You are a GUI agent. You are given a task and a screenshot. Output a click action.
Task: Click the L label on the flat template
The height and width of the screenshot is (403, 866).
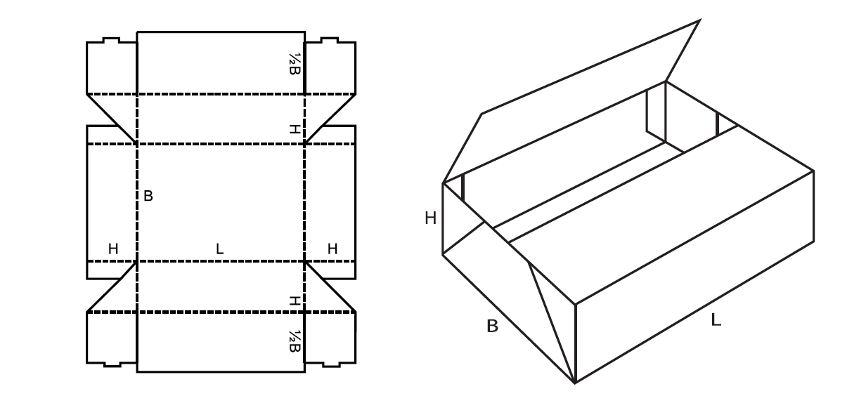[219, 249]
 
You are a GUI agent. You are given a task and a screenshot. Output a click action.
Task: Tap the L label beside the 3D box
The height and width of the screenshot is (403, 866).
[716, 320]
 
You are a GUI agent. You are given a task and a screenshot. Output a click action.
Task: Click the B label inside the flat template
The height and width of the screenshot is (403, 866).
[148, 196]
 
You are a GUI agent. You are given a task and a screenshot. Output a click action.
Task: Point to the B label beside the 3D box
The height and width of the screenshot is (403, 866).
[492, 326]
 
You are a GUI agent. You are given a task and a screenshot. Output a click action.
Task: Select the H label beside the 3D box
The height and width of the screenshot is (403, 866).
[430, 218]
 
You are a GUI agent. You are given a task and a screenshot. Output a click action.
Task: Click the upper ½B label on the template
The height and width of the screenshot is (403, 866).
[295, 64]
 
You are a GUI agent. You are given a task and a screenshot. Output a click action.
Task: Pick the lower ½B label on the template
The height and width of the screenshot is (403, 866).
[295, 341]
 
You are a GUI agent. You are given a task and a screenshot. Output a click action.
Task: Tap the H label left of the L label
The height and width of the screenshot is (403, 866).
[113, 249]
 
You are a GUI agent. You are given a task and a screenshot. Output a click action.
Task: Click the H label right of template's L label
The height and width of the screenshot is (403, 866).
[332, 249]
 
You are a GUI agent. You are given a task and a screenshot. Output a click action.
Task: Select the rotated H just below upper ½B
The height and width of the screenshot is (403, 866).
[295, 129]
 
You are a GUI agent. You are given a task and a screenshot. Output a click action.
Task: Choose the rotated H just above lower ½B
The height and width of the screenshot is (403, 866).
[295, 300]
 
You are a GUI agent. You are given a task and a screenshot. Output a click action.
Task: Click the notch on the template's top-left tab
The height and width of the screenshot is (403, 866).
[111, 40]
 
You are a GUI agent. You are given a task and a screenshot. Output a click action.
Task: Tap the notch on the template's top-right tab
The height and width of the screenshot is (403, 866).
[330, 40]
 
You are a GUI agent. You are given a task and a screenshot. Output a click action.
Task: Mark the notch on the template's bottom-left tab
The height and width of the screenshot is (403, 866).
[112, 364]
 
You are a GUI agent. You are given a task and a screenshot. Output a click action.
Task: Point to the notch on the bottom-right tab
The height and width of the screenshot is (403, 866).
[331, 364]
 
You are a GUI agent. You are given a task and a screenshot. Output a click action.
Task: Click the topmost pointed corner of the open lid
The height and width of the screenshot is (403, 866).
[700, 20]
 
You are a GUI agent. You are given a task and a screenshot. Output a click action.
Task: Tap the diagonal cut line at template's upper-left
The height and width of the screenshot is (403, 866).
[111, 119]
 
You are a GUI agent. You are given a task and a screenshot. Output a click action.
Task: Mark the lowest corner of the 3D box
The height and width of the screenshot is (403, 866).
[575, 383]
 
